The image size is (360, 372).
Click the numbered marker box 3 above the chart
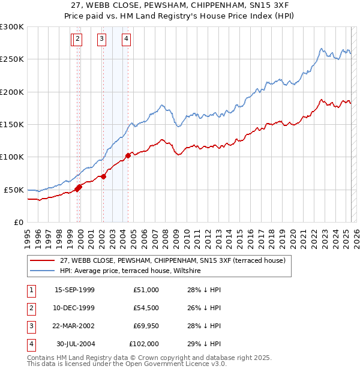[x=102, y=40]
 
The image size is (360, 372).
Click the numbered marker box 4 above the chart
[x=127, y=40]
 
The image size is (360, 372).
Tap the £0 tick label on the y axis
[x=17, y=222]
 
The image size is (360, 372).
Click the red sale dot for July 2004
[x=128, y=156]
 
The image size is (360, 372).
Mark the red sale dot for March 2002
[x=103, y=176]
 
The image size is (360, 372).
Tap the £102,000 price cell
[x=144, y=344]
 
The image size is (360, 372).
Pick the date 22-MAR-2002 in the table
[x=74, y=326]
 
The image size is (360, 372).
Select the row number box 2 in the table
[x=31, y=308]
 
